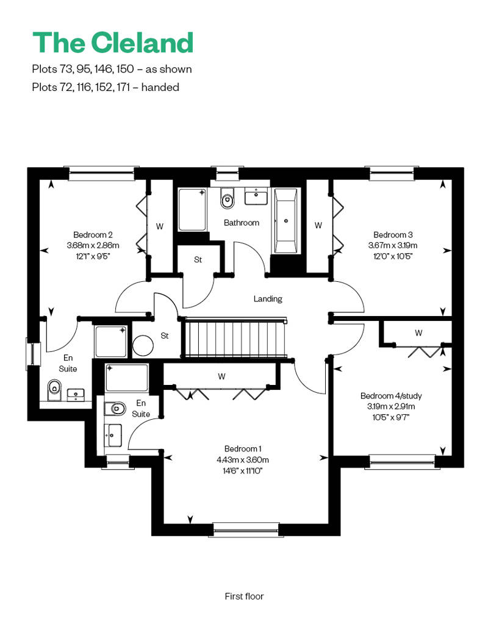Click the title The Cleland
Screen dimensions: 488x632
click(x=113, y=42)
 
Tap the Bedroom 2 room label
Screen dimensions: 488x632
click(x=93, y=235)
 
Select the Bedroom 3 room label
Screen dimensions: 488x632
click(x=393, y=235)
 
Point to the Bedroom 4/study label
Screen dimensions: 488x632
click(x=391, y=396)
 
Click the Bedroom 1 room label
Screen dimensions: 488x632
click(x=243, y=448)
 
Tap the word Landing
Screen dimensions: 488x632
click(x=268, y=299)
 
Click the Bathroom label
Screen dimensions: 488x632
click(x=242, y=223)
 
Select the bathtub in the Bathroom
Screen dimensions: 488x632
click(x=285, y=221)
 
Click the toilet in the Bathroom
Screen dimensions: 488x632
click(x=228, y=198)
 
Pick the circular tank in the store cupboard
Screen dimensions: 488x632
click(x=143, y=346)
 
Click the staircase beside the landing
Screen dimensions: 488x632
click(x=235, y=337)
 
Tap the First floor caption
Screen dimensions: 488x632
click(x=244, y=596)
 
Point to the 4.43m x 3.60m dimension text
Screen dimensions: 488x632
click(x=243, y=459)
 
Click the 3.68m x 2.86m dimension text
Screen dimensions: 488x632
click(x=93, y=245)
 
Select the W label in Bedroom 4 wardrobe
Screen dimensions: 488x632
click(x=418, y=333)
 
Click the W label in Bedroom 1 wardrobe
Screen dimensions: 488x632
click(x=221, y=376)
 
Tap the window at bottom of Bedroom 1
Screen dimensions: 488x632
click(x=246, y=530)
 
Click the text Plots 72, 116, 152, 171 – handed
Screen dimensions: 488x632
click(x=106, y=87)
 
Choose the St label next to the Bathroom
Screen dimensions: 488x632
click(x=198, y=260)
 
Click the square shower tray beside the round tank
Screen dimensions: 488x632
click(x=110, y=342)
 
